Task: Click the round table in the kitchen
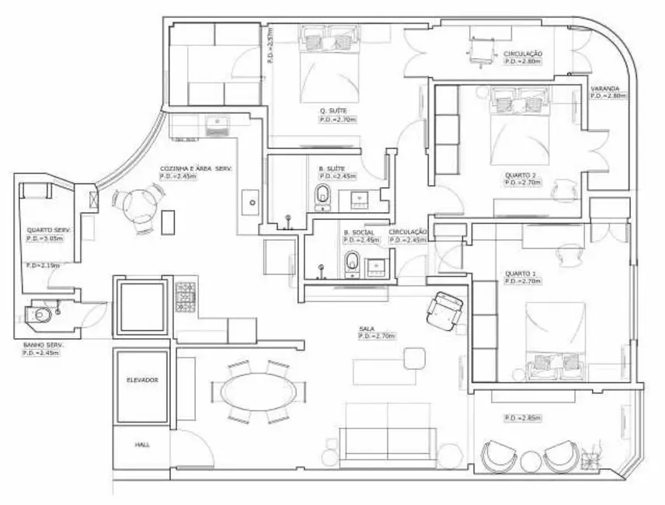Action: tap(137, 208)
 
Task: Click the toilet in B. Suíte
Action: tap(324, 197)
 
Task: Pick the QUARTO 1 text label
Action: tap(520, 273)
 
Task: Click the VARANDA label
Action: tap(604, 89)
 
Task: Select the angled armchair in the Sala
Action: tap(445, 308)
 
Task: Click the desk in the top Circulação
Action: tap(479, 50)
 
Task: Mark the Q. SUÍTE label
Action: tap(332, 111)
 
